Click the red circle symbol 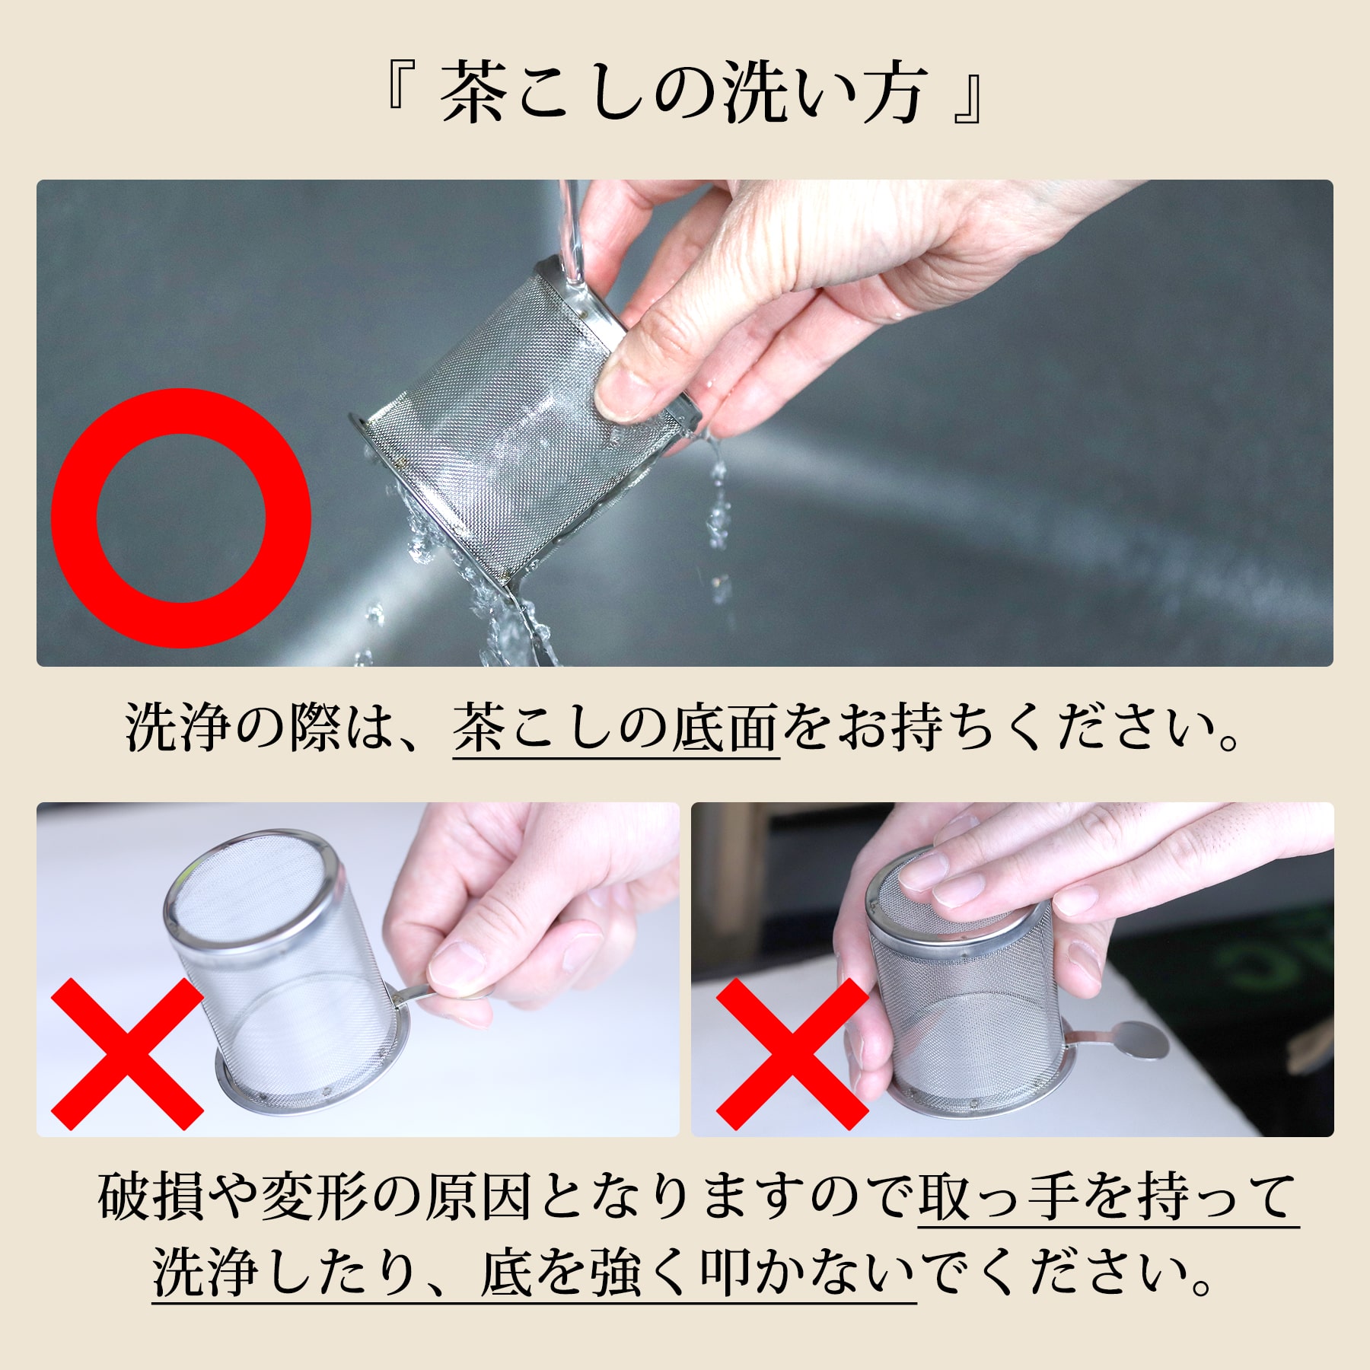[180, 518]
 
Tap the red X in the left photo [127, 1054]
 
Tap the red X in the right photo [792, 1054]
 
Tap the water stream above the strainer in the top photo [569, 228]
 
